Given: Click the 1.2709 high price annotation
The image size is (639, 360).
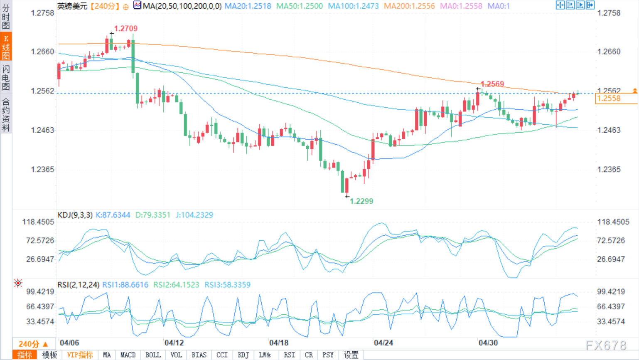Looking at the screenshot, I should point(125,29).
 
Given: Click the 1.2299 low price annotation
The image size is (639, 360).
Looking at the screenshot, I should point(361,201).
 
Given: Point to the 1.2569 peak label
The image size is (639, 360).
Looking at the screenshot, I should point(492,84).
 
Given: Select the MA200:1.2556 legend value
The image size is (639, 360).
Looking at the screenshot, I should point(409,6).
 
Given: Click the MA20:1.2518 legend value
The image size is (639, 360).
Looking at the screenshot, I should point(248,6).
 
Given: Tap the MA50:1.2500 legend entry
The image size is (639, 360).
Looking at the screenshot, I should point(299,6).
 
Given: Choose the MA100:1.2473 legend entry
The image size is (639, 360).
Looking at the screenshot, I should point(353,6).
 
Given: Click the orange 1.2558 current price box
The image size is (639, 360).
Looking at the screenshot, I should point(609,99).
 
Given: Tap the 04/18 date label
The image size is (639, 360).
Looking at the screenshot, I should point(279,343).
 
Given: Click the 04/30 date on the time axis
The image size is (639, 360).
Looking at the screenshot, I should point(488,343).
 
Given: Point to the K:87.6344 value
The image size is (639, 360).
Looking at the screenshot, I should point(113,215).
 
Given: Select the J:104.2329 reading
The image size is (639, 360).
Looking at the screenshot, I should point(194,215).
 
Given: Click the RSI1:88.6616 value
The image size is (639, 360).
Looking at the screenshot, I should point(125,285).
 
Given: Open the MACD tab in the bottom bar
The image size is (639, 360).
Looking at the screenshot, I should point(128,355).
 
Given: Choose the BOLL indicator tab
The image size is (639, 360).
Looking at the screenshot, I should point(153,355).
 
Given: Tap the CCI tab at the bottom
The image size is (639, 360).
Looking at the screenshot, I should point(222,355).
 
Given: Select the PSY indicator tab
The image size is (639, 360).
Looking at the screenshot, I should point(328,355).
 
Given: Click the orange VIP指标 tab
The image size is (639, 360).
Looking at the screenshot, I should point(80,355).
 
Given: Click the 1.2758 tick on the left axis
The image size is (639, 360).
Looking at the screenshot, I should point(42,13).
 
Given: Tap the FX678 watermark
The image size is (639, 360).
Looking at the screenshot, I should point(606,345).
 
